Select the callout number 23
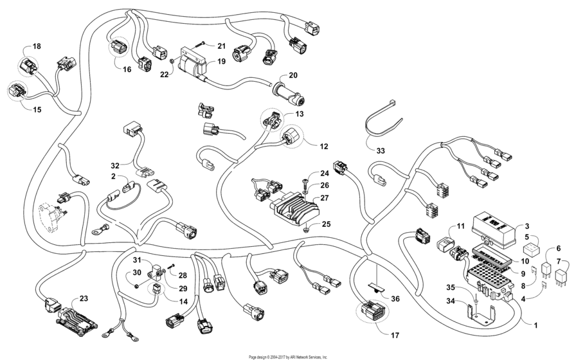(x=84, y=298)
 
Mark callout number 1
(x=535, y=325)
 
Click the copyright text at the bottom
(x=288, y=356)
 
